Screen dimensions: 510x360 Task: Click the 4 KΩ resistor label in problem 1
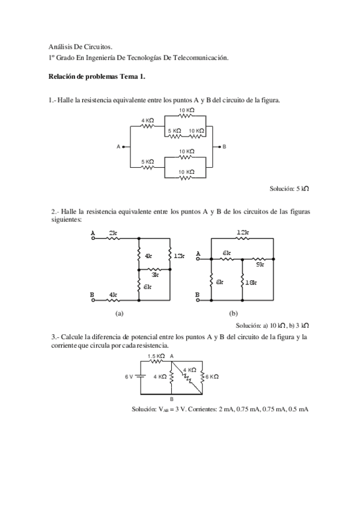147,120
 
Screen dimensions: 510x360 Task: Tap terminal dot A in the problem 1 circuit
123,146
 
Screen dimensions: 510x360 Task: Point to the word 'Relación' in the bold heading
62,77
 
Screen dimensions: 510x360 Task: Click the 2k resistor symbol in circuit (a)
113,238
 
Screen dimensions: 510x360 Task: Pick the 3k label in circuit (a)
155,274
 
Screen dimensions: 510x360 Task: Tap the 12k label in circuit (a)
178,257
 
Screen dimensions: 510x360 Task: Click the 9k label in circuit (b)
260,263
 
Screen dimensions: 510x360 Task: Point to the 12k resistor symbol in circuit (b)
242,238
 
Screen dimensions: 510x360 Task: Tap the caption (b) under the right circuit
233,314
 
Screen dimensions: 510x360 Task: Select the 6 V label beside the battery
129,376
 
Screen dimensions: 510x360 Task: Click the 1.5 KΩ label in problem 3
156,356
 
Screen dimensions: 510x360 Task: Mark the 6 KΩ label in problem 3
212,376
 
